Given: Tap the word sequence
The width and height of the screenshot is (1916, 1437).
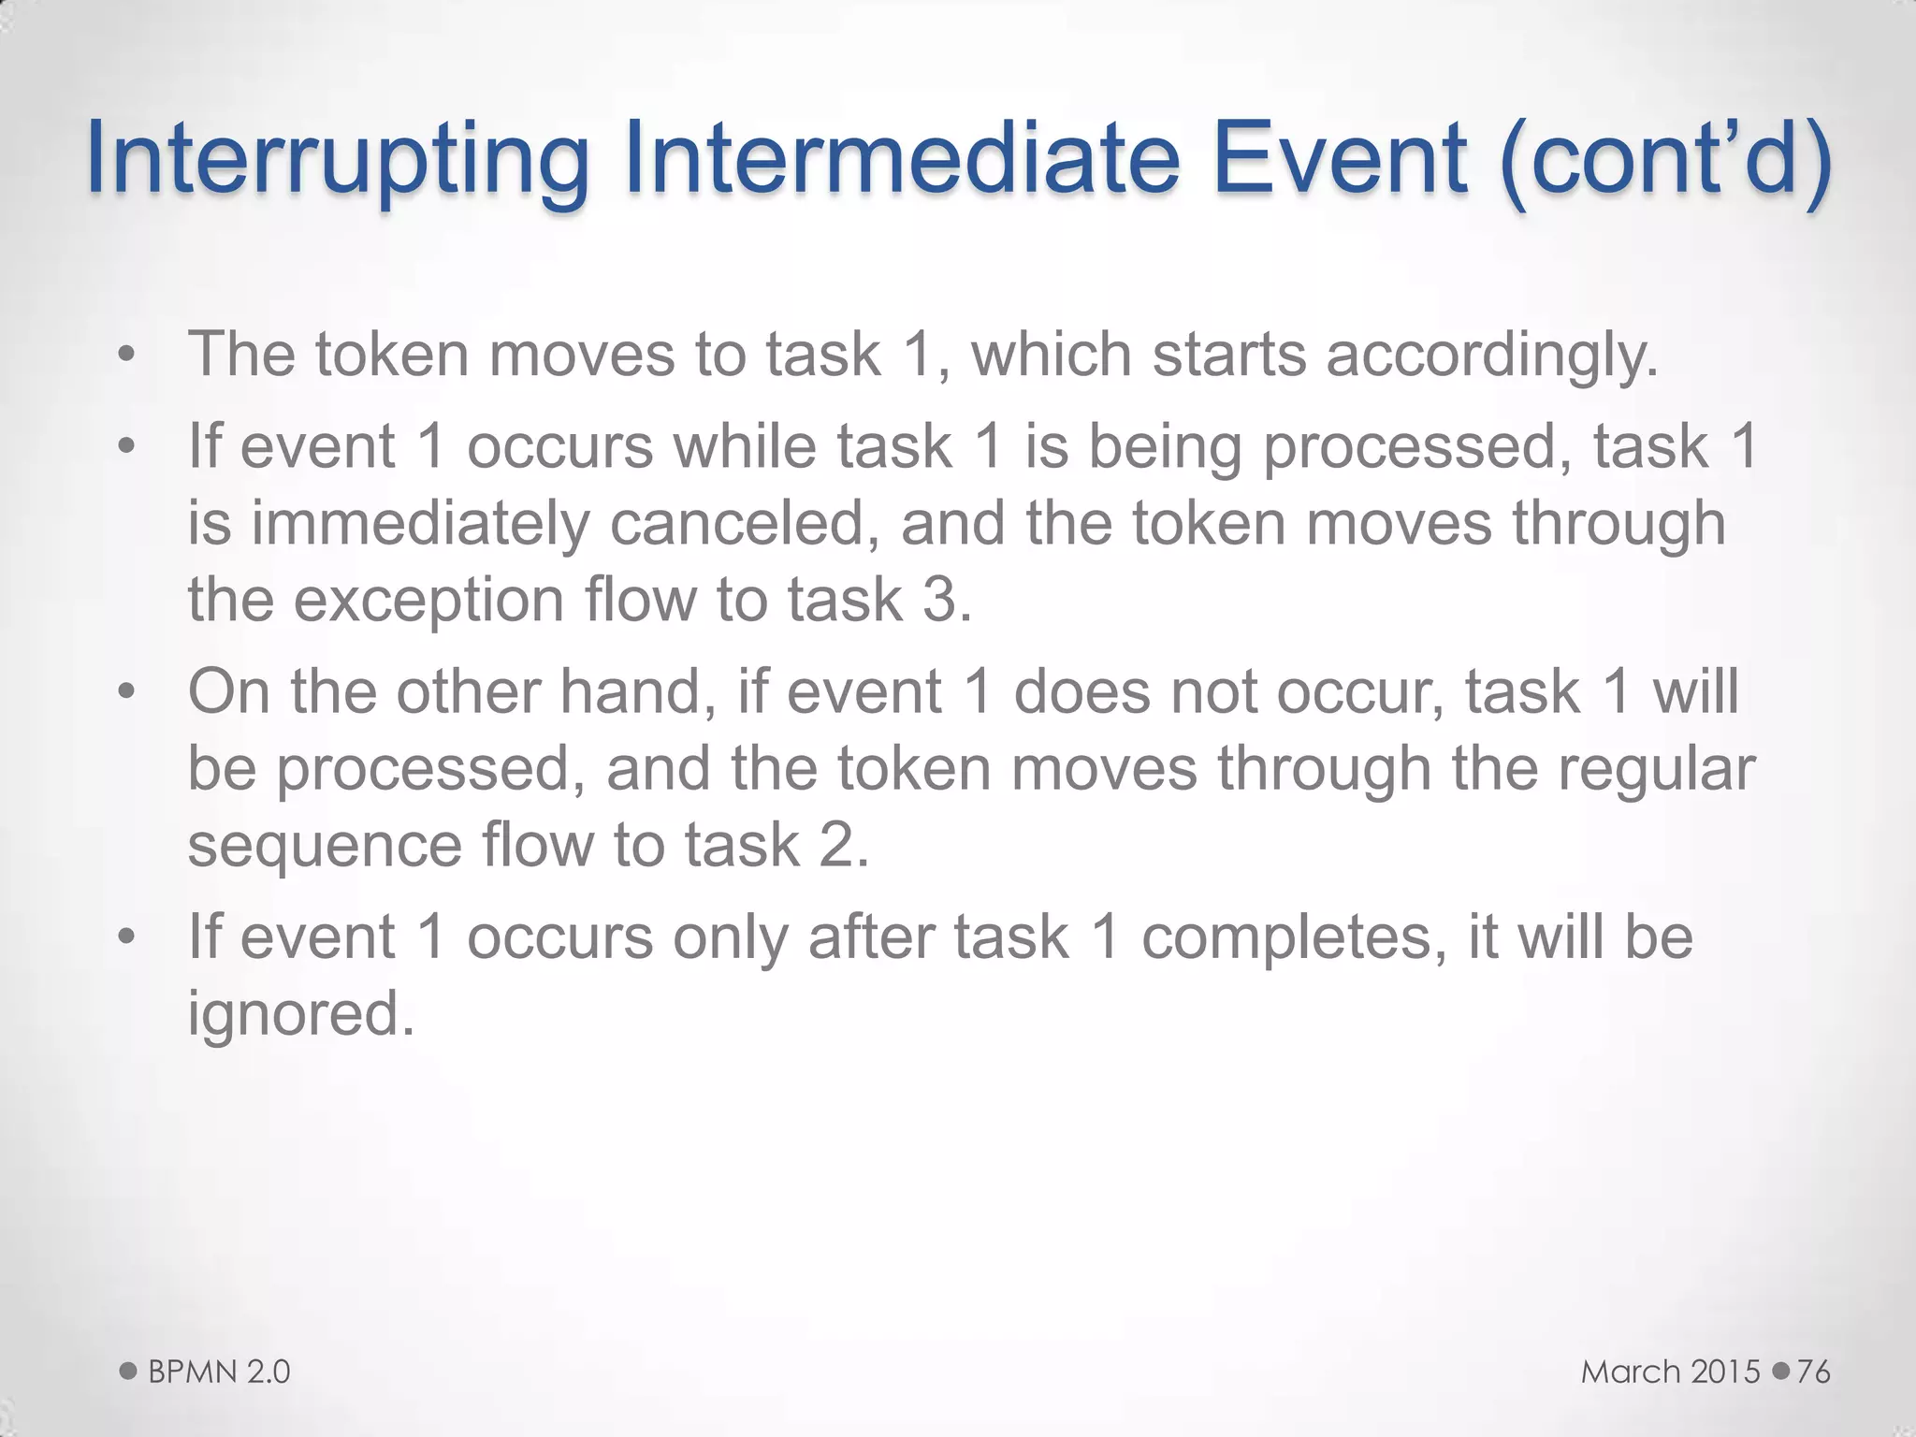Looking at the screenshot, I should [x=325, y=845].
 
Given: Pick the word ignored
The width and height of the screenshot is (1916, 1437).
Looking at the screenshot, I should [x=300, y=1013].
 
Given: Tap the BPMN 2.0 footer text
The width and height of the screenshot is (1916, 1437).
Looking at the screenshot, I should [x=219, y=1372].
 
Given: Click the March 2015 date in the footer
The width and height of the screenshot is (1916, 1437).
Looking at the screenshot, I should [x=1671, y=1372].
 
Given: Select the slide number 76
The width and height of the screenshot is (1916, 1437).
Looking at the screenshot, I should [x=1813, y=1372].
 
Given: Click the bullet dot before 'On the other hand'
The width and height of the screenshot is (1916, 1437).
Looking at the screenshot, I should [x=127, y=693].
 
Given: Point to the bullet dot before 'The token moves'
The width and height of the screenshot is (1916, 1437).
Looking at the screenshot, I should [x=127, y=356].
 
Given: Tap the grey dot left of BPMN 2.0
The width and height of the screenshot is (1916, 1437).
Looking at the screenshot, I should [x=129, y=1372].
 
